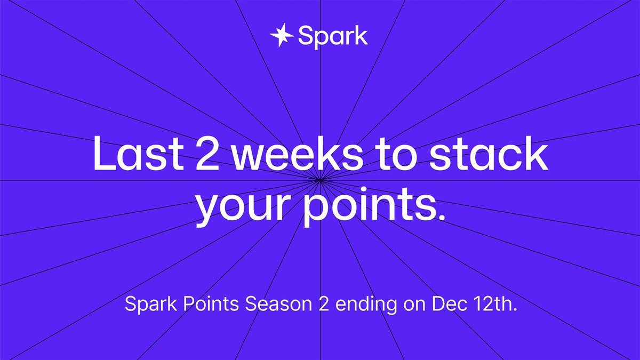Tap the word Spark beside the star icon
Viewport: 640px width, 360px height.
coord(333,36)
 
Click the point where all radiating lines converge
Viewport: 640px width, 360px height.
coord(320,180)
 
